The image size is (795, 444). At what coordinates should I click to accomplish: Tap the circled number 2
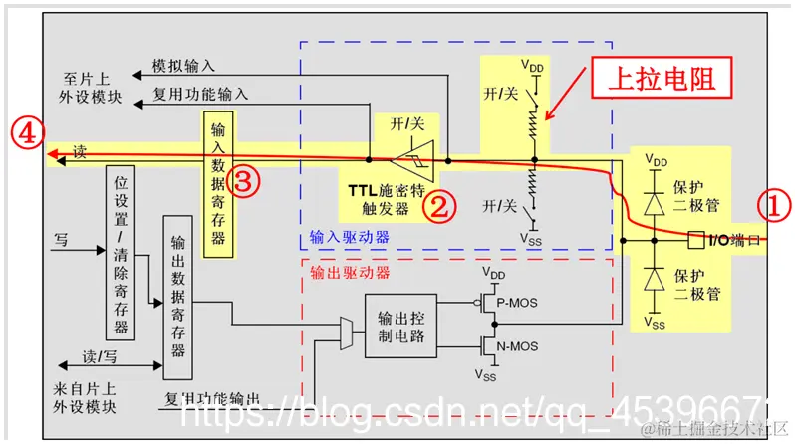coord(439,207)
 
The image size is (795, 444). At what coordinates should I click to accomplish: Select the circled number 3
coord(244,179)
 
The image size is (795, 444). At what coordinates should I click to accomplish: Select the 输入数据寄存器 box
coord(218,184)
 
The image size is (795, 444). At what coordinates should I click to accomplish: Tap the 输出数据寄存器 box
coord(177,296)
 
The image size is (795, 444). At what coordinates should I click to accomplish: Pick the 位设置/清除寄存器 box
coord(121,253)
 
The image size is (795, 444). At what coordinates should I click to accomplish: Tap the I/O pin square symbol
coord(695,240)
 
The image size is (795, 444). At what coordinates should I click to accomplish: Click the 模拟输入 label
coord(183,65)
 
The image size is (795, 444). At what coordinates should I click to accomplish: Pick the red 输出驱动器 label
coord(348,272)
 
